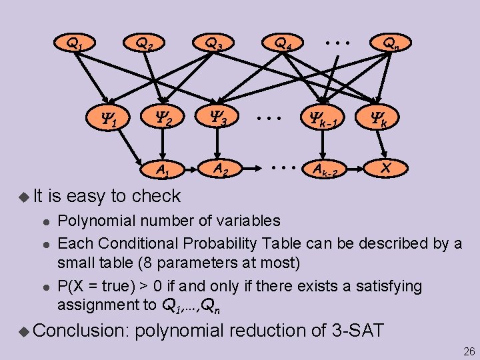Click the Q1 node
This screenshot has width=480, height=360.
click(74, 45)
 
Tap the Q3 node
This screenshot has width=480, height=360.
click(214, 45)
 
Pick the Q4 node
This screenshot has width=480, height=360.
click(283, 45)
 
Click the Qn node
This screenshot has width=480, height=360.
click(391, 45)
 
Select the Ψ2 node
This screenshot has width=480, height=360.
click(162, 121)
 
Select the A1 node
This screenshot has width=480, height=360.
click(161, 170)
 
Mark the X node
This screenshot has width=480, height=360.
click(385, 169)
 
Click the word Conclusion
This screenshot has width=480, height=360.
click(80, 331)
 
